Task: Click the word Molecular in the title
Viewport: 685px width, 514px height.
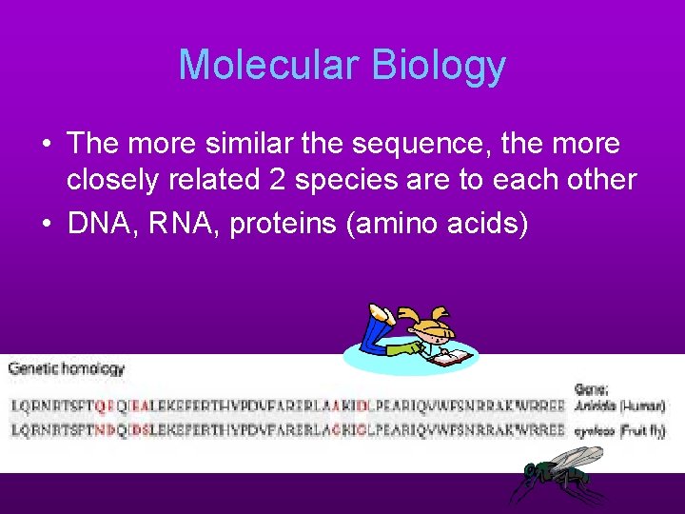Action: [x=268, y=66]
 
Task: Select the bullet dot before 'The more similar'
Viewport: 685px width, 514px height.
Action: [x=46, y=145]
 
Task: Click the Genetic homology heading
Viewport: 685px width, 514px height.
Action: [x=68, y=367]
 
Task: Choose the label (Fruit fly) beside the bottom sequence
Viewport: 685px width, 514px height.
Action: [x=643, y=431]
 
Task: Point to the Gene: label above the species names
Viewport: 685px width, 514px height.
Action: [x=591, y=387]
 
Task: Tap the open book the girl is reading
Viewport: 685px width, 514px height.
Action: [x=452, y=358]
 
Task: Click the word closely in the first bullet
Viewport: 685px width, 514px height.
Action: [x=111, y=181]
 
